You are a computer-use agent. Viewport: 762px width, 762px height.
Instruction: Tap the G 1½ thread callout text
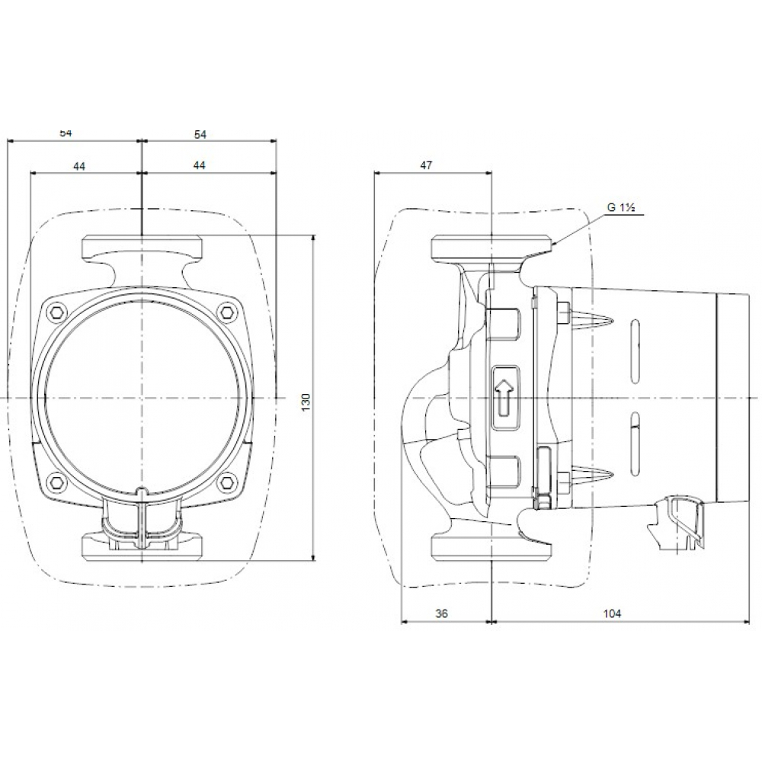[622, 207]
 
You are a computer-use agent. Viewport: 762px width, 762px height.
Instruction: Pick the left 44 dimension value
[79, 165]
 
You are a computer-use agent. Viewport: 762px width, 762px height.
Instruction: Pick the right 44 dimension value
[200, 165]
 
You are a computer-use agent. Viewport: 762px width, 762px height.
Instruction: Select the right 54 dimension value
[200, 133]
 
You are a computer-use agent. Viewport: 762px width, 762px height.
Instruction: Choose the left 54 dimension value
[66, 133]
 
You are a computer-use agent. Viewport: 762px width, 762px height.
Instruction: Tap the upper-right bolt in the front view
[226, 311]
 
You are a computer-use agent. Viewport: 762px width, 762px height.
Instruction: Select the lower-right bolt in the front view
[226, 482]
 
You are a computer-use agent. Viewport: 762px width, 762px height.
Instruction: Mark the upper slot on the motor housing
[636, 347]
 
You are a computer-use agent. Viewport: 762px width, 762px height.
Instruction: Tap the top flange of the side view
[491, 248]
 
